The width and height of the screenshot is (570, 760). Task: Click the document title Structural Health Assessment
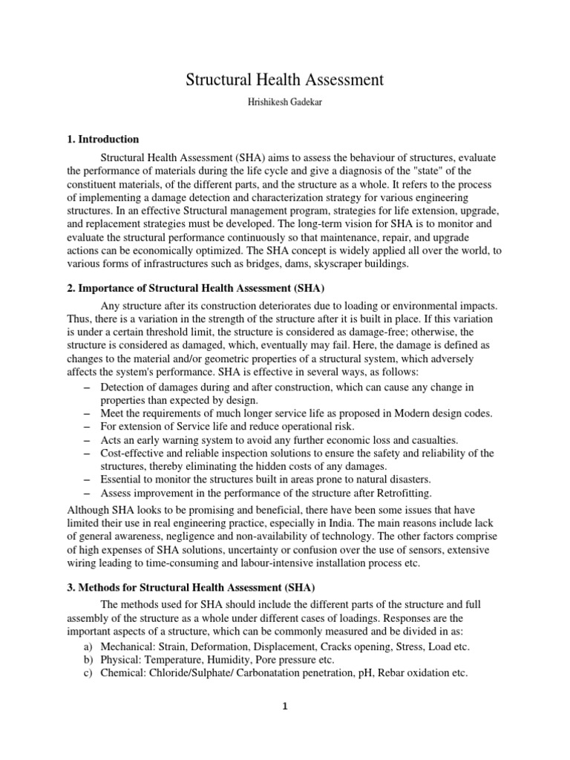[284, 79]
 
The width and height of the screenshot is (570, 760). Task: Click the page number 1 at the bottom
[285, 707]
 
